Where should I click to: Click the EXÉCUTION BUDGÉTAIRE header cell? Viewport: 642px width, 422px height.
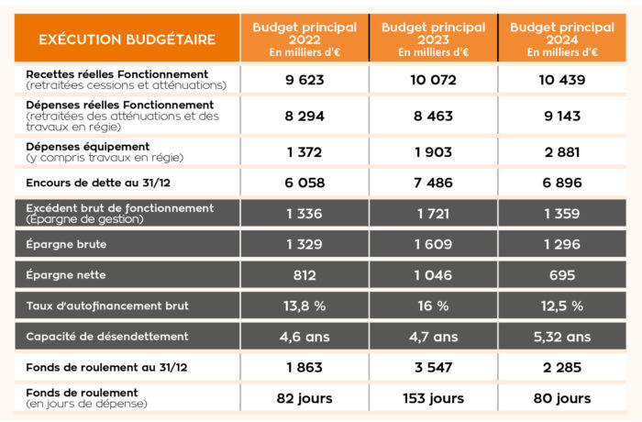127,39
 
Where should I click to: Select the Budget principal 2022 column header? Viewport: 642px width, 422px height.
304,39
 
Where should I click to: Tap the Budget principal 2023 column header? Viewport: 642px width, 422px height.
432,39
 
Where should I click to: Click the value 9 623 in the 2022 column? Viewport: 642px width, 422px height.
304,80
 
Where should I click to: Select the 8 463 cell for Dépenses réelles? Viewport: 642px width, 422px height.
432,117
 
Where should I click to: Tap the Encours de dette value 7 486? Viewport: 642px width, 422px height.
432,183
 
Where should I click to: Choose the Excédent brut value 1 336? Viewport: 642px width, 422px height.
304,213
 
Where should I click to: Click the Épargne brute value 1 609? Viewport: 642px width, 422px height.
432,244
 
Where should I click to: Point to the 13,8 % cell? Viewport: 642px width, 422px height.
304,305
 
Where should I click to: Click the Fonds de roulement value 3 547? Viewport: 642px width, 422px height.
432,368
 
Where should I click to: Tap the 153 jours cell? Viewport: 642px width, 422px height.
432,398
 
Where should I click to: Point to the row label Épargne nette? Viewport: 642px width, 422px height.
66,275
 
